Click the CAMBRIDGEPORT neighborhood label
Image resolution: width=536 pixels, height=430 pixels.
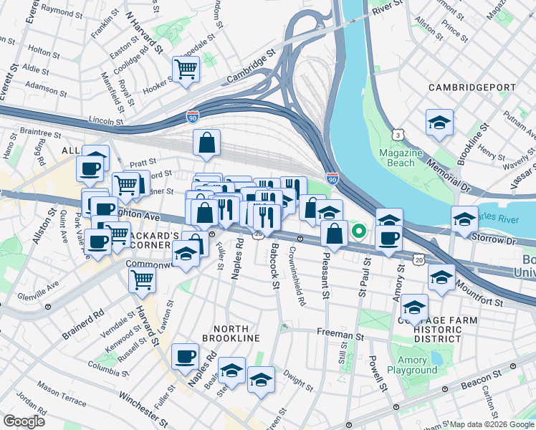[472, 87]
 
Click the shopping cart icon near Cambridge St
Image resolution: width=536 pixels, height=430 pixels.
[186, 70]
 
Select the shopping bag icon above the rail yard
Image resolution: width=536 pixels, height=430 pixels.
[206, 141]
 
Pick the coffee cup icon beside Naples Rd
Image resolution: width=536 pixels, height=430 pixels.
[185, 355]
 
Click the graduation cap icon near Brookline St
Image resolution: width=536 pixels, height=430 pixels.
[439, 122]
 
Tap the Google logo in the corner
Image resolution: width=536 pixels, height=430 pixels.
[24, 421]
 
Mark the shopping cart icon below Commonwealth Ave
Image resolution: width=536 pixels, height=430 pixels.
[142, 280]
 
